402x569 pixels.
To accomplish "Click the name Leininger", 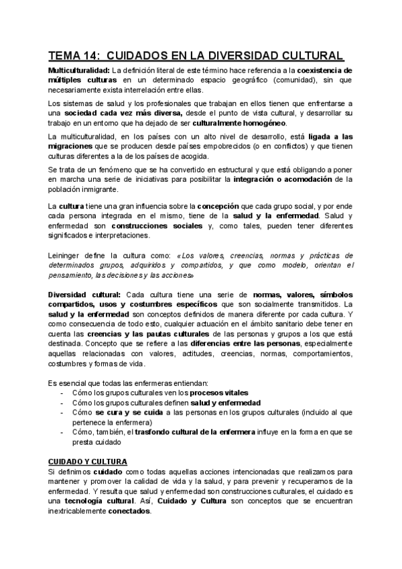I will click(67, 256).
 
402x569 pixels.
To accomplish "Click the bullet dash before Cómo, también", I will click(62, 433).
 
